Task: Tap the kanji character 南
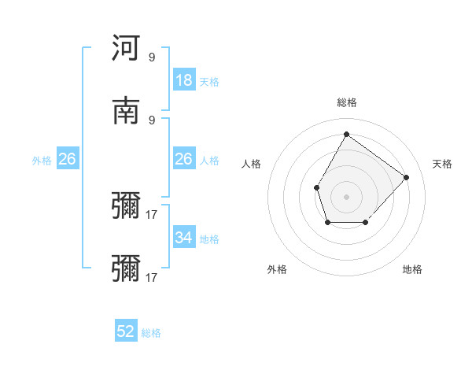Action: point(127,110)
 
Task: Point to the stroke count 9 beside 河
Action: point(152,57)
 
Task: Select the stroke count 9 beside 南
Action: point(152,120)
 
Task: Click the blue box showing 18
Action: point(184,80)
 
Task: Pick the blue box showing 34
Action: point(184,238)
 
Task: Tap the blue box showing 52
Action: point(126,332)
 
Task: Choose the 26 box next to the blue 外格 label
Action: point(68,160)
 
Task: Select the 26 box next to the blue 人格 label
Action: point(184,160)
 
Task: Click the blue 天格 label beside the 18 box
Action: point(209,81)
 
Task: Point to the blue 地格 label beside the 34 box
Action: point(209,239)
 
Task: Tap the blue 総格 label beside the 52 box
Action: point(151,333)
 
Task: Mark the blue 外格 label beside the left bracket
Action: point(42,161)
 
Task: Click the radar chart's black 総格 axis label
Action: point(347,102)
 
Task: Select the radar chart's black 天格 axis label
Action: point(443,164)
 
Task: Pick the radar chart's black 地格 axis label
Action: point(412,269)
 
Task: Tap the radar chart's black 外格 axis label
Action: point(277,269)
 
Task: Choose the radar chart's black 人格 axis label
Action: point(252,164)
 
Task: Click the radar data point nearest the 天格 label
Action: point(406,177)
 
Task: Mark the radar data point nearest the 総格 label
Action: point(346,134)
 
